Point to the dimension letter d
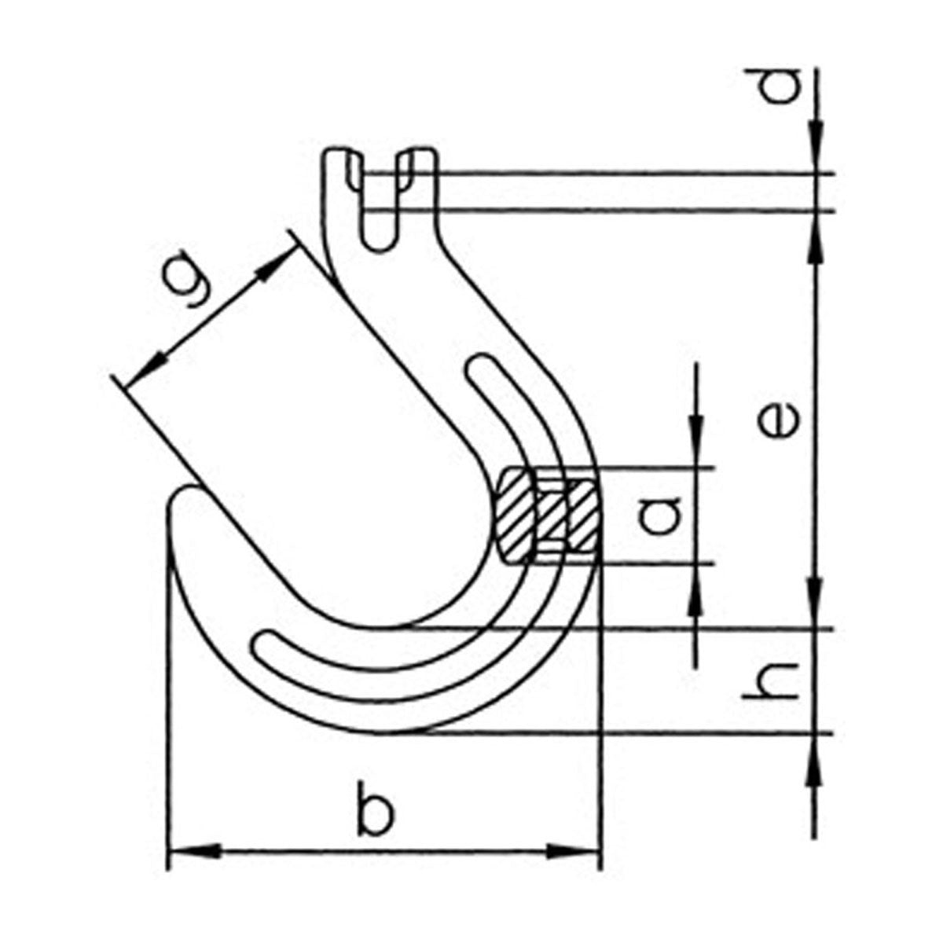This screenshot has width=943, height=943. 781,86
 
